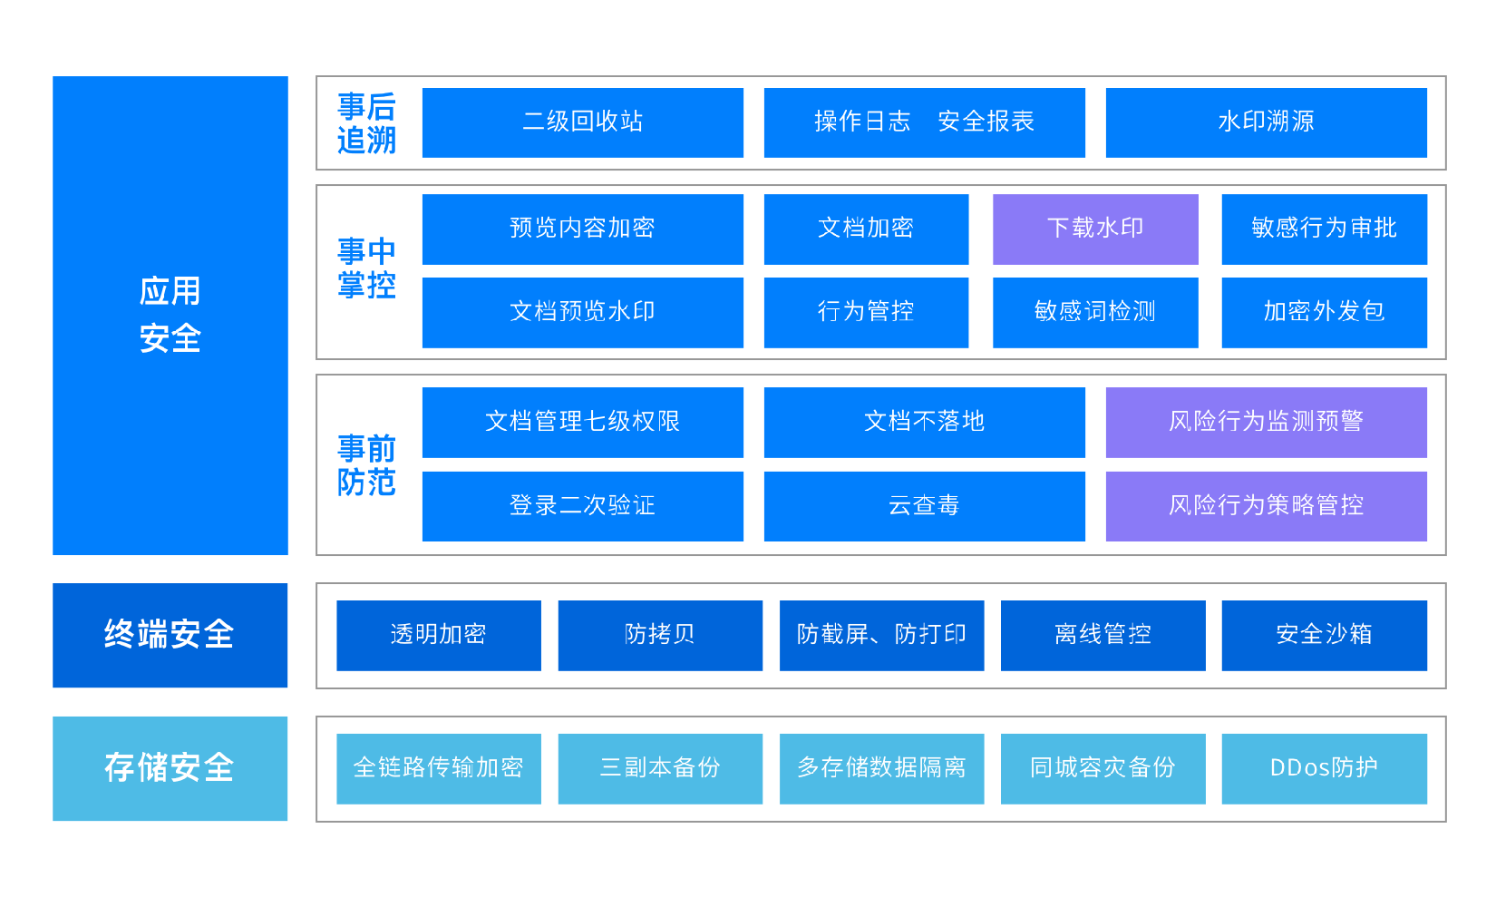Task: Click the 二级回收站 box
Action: (582, 122)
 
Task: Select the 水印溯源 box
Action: (1266, 122)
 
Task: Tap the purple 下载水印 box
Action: (1095, 229)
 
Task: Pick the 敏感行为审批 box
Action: (1324, 229)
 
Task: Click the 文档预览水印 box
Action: (582, 312)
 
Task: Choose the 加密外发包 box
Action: (1324, 312)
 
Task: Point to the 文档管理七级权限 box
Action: (582, 422)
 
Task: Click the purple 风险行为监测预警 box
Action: (1266, 422)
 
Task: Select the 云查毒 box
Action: (924, 506)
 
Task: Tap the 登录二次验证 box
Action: (582, 506)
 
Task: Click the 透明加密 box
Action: (438, 635)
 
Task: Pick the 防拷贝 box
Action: (660, 635)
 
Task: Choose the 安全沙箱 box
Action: (1324, 635)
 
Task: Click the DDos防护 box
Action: (1324, 768)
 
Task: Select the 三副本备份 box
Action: (660, 768)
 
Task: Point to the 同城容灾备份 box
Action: (1103, 768)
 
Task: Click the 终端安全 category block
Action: (170, 635)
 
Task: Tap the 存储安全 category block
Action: (170, 768)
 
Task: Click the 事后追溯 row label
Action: (366, 123)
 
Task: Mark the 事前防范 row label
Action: (366, 465)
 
